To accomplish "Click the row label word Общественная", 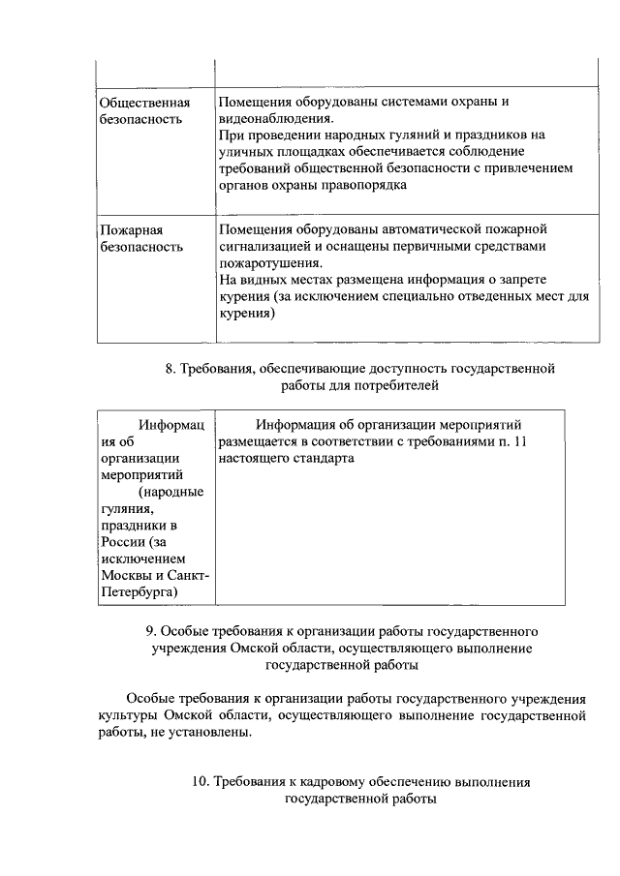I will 144,102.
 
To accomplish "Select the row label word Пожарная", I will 131,230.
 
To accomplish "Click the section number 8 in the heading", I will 170,368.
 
